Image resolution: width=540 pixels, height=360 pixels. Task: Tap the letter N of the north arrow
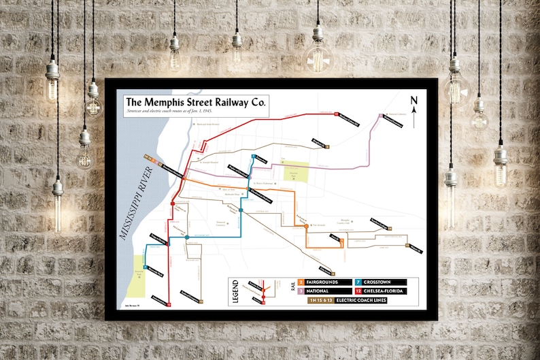click(x=413, y=101)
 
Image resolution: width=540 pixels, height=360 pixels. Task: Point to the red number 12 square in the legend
click(x=358, y=291)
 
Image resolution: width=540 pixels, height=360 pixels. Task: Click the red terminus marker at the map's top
click(x=337, y=114)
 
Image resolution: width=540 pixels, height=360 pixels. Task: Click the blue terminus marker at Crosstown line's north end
click(x=253, y=157)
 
